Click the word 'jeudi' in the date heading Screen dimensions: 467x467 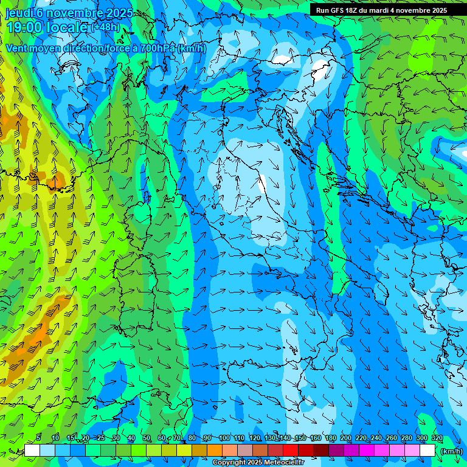click(x=18, y=13)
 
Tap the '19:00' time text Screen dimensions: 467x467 click(x=24, y=27)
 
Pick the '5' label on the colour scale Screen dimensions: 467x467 click(x=39, y=438)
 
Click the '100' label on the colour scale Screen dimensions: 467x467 click(x=224, y=438)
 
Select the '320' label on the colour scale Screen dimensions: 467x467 click(x=437, y=438)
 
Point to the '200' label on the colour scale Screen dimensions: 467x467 click(x=346, y=438)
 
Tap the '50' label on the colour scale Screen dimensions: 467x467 click(x=147, y=438)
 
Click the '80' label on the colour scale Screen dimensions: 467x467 click(x=192, y=438)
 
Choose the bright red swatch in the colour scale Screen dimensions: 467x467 click(x=291, y=451)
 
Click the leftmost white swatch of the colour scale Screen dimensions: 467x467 click(x=32, y=451)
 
